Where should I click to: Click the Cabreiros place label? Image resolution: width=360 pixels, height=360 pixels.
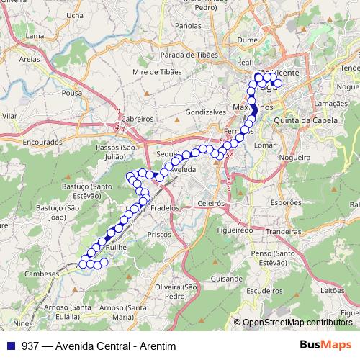(x=138, y=119)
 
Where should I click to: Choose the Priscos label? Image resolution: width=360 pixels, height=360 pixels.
(x=157, y=234)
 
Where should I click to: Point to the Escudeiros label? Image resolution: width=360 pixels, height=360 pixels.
(x=264, y=292)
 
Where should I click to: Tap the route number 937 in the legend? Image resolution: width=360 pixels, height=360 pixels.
(x=30, y=346)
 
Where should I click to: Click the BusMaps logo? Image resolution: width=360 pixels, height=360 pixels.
(x=325, y=345)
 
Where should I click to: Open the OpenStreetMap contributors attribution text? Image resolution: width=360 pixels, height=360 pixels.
(x=297, y=323)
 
